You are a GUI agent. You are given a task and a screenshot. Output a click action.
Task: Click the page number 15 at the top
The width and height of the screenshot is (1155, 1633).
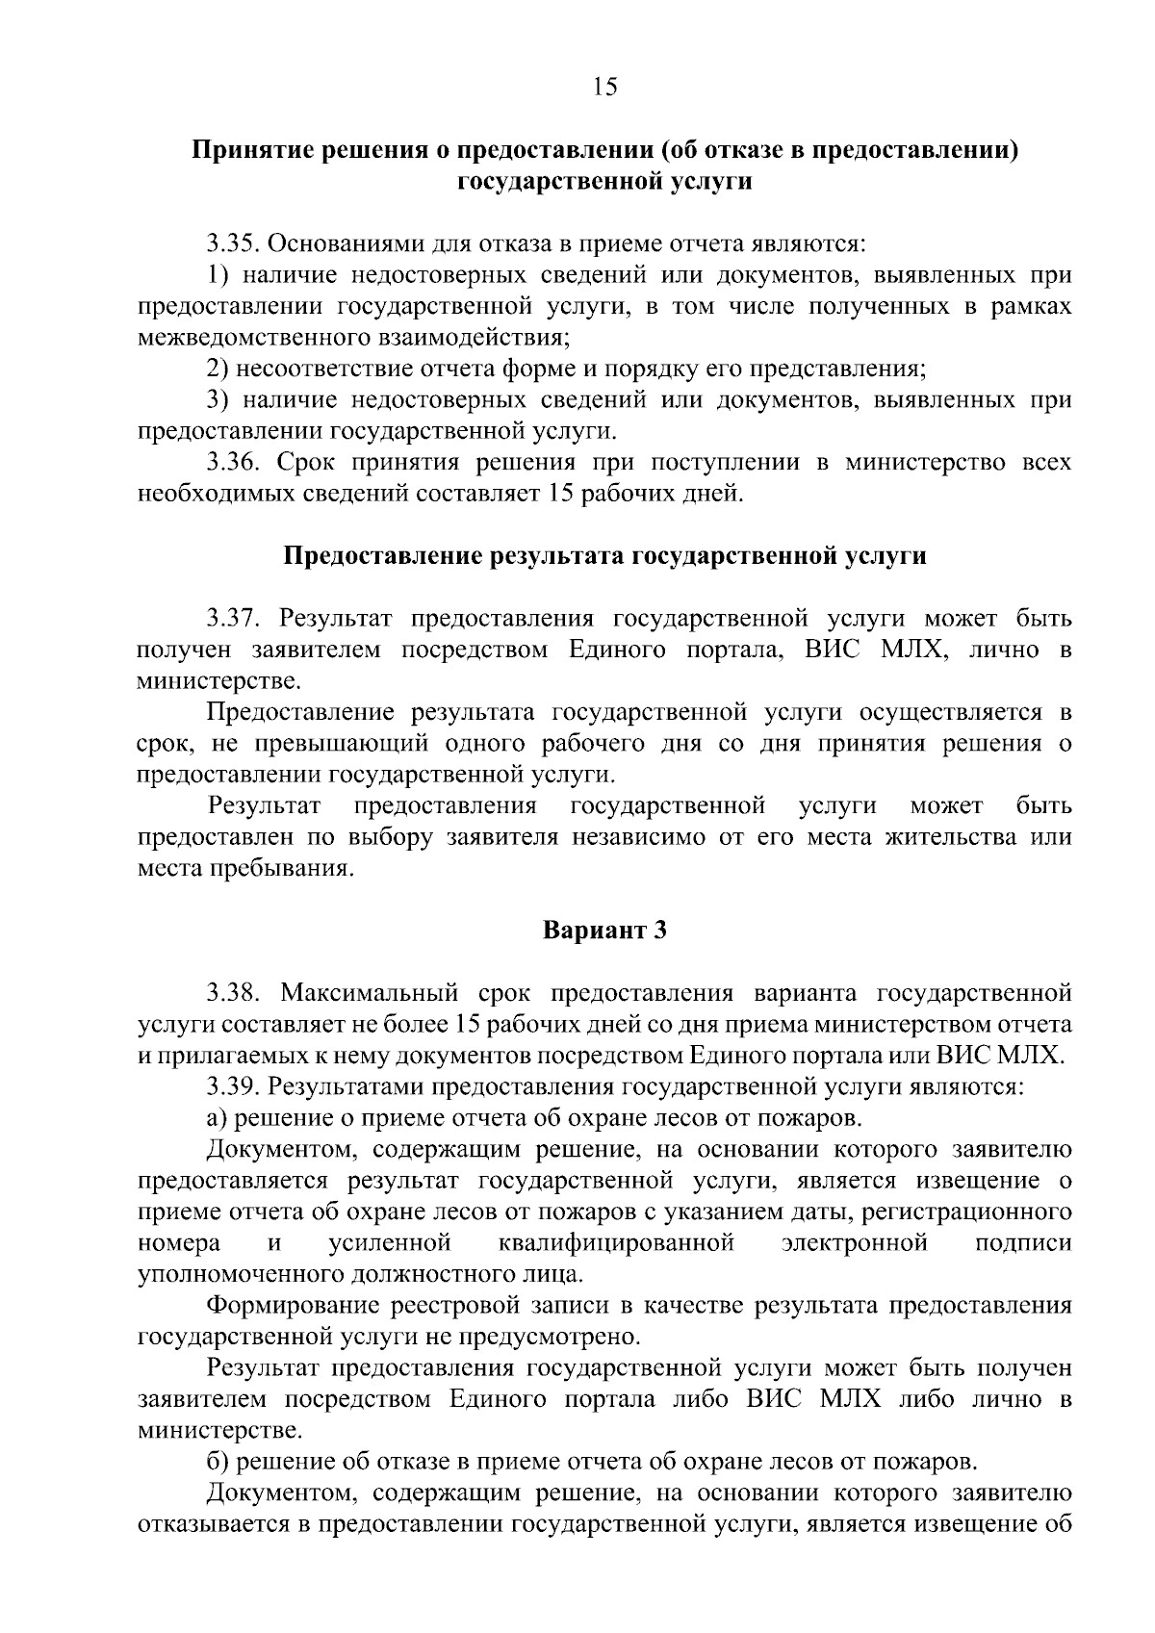[x=604, y=88]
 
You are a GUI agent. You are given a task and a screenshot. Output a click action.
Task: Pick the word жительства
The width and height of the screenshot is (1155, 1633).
[x=938, y=837]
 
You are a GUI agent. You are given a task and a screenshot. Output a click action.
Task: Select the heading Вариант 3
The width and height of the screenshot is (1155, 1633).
[x=604, y=931]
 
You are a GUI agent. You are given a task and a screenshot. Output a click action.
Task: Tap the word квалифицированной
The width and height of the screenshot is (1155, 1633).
[x=617, y=1243]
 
